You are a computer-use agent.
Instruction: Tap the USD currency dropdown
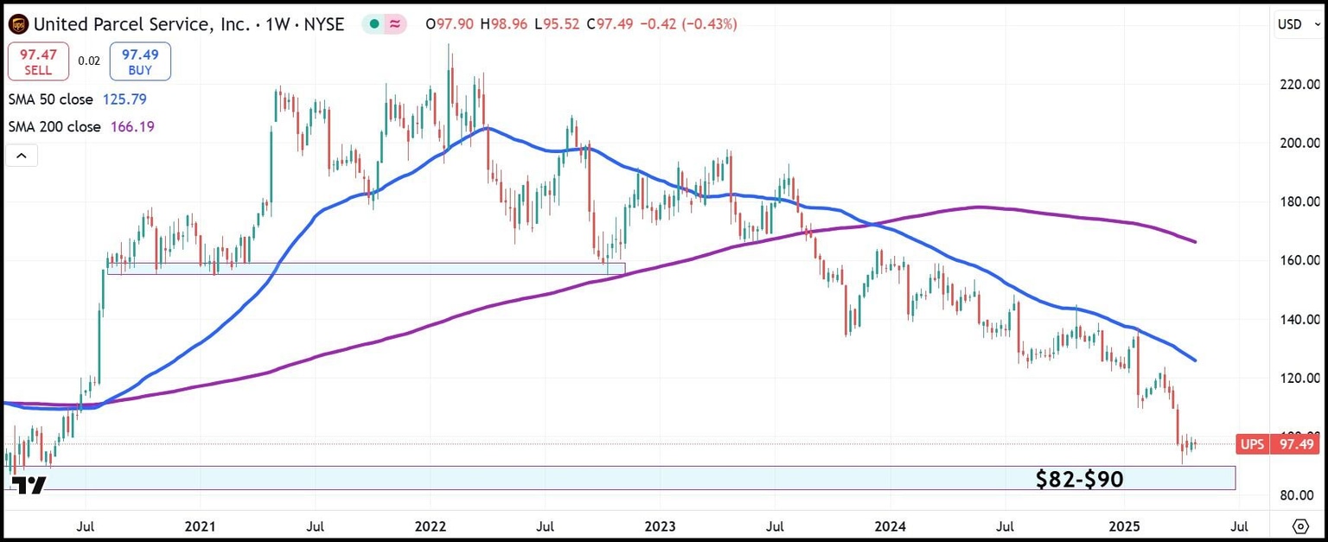1294,24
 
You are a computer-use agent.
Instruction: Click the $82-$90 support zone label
1079,479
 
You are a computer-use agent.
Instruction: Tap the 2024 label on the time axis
891,526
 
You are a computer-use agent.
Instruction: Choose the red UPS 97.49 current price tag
1277,444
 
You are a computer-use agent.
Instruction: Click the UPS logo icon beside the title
17,24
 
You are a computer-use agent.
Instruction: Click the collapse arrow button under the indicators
22,156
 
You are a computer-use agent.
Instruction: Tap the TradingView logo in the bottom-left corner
31,485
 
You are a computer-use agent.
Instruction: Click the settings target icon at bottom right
1300,526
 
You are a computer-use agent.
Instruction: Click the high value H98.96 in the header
508,24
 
